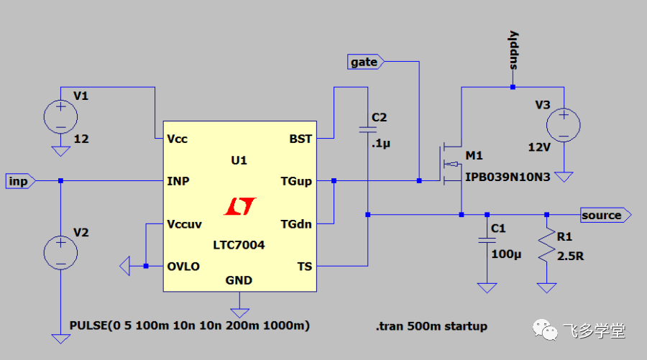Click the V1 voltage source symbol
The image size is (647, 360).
[60, 115]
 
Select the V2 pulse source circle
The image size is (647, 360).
[60, 251]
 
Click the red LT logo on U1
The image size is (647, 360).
[239, 207]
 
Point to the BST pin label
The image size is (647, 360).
[300, 139]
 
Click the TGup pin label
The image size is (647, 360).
[296, 181]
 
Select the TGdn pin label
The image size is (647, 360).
[296, 223]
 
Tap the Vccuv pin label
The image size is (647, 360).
[185, 223]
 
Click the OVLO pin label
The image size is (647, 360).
[183, 266]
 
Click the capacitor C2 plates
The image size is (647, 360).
[367, 130]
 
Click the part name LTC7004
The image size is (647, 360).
[239, 245]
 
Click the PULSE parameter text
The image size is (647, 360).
[190, 326]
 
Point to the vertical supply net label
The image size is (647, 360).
[513, 50]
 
